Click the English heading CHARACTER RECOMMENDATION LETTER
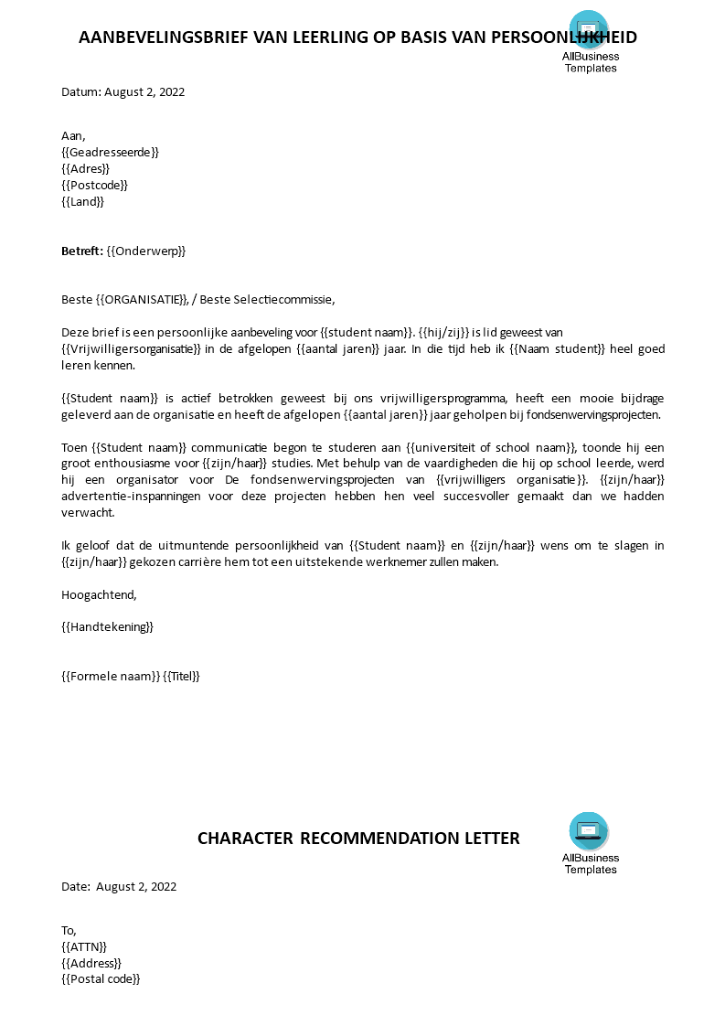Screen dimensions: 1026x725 [x=358, y=839]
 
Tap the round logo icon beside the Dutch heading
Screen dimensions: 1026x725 [x=589, y=29]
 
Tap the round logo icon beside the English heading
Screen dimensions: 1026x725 [x=589, y=830]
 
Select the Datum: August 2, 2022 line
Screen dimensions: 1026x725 [x=123, y=91]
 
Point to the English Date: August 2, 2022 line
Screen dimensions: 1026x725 [x=119, y=886]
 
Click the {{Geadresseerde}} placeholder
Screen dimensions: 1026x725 [x=110, y=152]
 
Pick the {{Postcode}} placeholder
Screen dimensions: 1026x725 [x=94, y=185]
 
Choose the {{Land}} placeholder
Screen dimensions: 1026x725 [x=82, y=201]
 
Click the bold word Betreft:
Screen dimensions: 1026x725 [x=82, y=251]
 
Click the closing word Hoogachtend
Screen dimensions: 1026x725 [x=98, y=594]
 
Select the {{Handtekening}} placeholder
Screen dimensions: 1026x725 [x=107, y=626]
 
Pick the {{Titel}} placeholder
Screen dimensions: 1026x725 [x=181, y=676]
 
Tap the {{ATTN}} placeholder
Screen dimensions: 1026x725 [x=84, y=946]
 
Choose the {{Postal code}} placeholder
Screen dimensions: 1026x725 [x=101, y=978]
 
